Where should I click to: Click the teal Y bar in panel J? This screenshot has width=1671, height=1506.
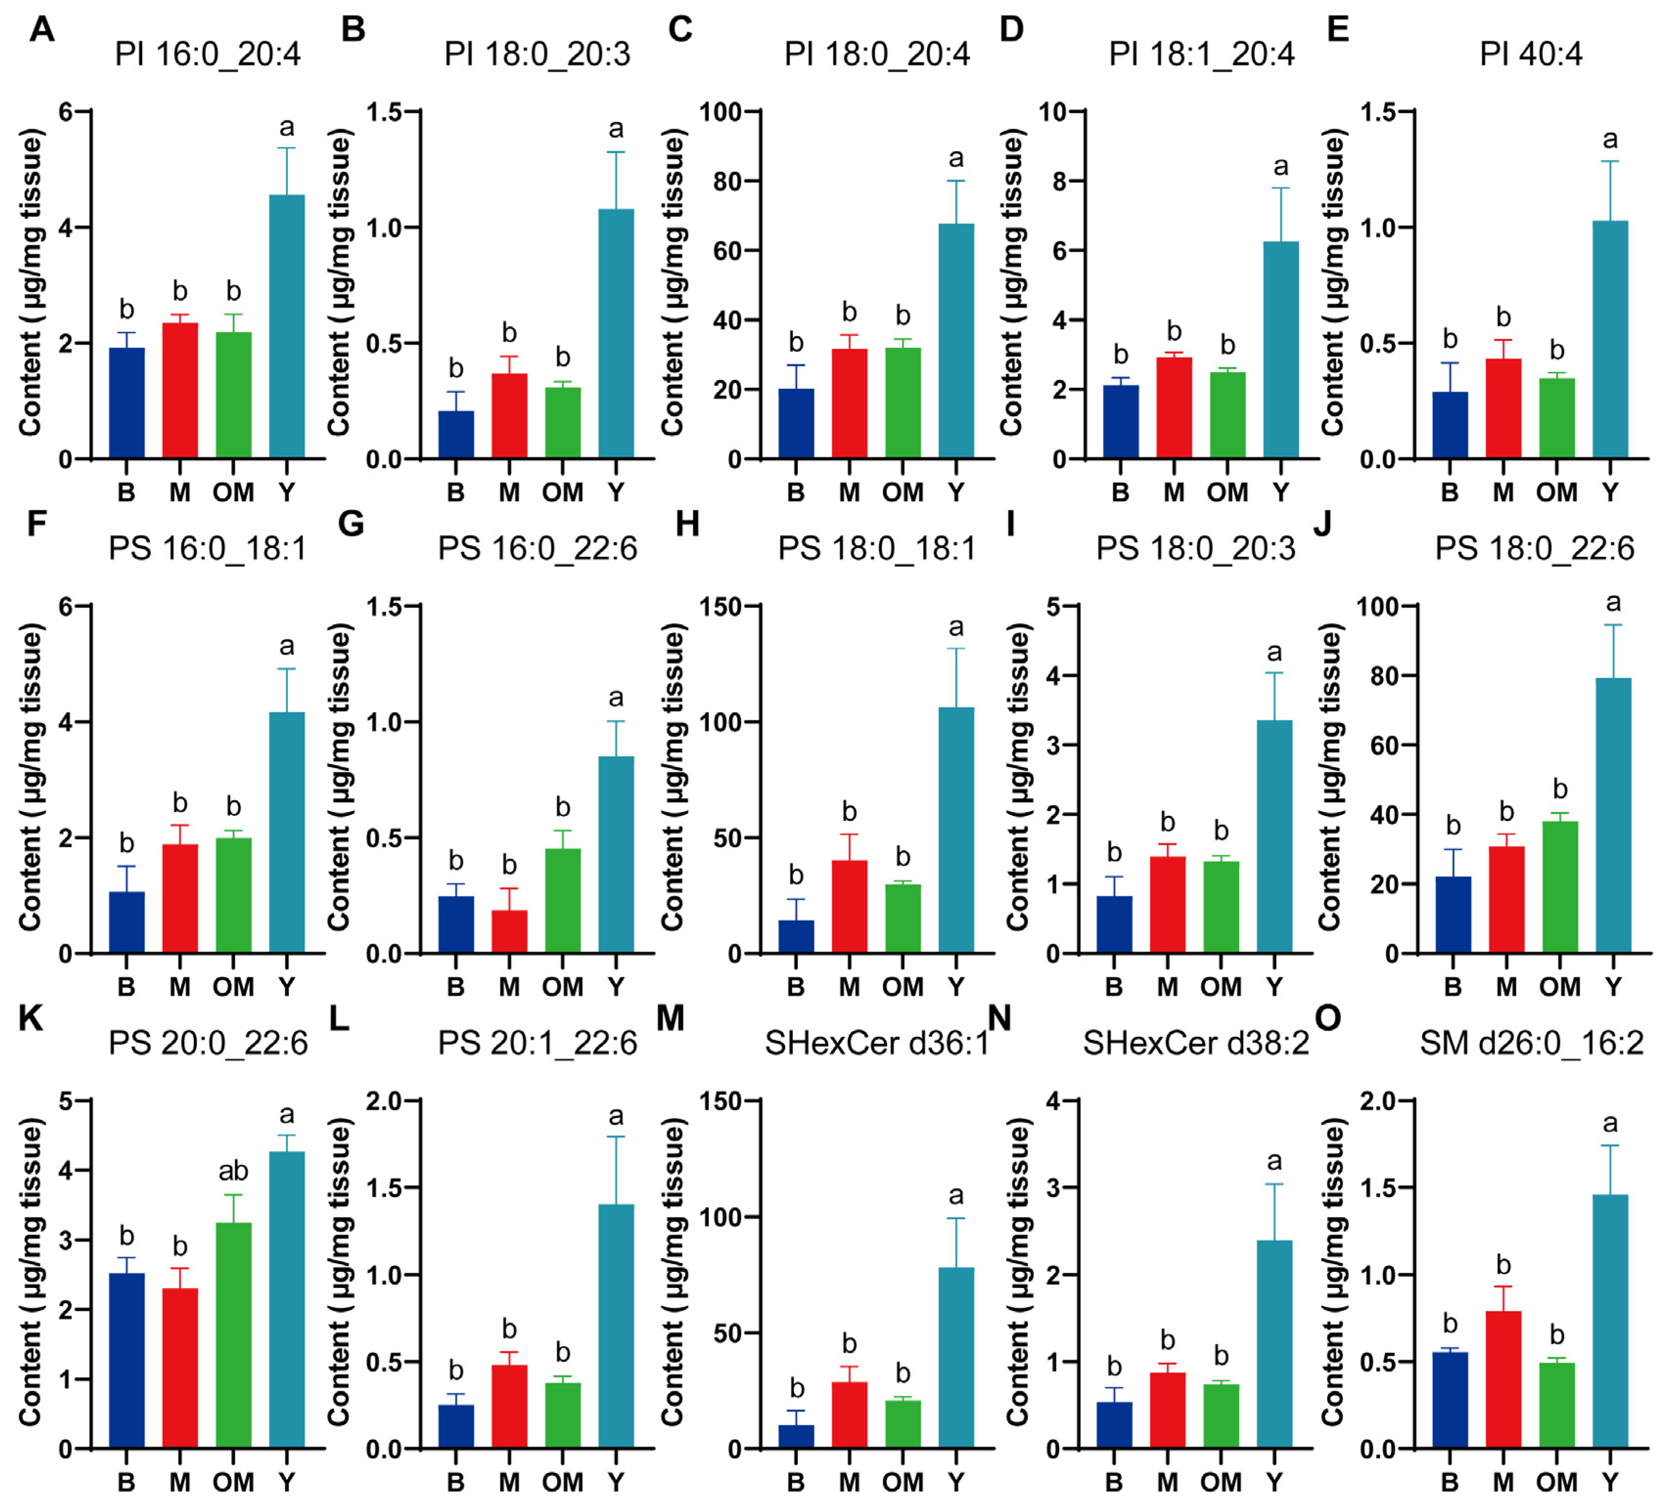(1613, 815)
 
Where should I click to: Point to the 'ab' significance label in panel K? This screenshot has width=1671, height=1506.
(233, 1171)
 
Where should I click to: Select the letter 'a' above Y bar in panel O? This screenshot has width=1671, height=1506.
(1610, 1123)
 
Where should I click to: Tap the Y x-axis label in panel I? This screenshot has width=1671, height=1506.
(1274, 987)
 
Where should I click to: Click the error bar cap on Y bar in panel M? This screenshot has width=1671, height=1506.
(956, 1218)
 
